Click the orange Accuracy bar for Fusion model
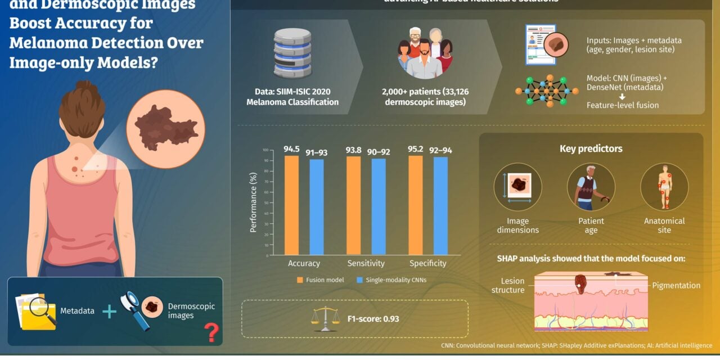tap(291, 205)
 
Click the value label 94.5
tap(292, 150)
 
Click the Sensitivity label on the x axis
tap(366, 263)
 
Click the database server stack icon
tap(292, 53)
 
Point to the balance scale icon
tap(326, 318)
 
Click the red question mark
tap(211, 332)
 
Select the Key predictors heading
tap(591, 149)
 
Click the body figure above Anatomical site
tap(664, 187)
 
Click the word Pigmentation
tap(676, 286)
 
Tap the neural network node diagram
tap(547, 90)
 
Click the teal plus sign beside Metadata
tap(109, 311)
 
